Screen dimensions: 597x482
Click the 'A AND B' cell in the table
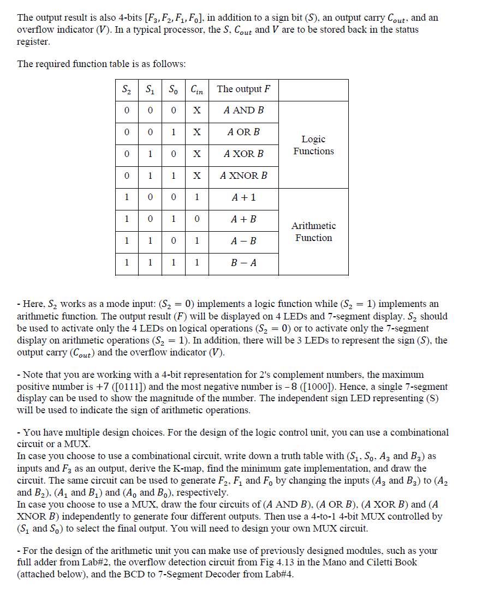(x=243, y=110)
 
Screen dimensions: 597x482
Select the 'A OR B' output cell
(x=243, y=132)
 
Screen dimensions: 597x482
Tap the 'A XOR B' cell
(x=243, y=154)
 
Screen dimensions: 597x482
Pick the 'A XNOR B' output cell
(x=243, y=176)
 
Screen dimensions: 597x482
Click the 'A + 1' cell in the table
(x=243, y=197)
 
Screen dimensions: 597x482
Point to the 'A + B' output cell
(x=243, y=219)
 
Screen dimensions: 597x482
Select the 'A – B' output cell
(x=243, y=241)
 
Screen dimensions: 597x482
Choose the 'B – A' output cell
(x=243, y=263)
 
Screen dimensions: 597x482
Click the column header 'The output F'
(x=243, y=89)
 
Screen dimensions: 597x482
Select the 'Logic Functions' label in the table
(x=313, y=145)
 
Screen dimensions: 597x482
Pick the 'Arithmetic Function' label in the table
(x=313, y=232)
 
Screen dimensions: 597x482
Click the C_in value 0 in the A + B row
(x=197, y=219)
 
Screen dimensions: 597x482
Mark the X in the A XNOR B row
(x=197, y=176)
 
